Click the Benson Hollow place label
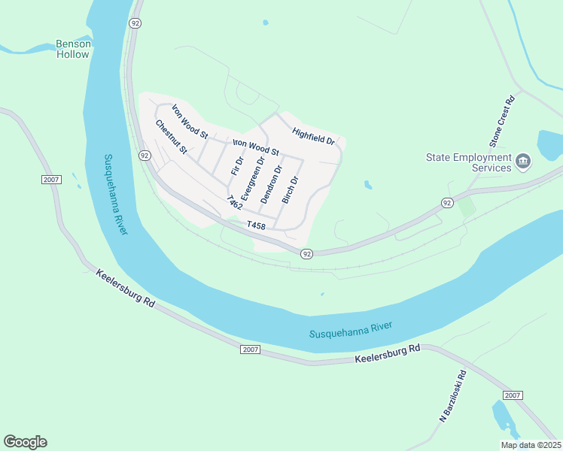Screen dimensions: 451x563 74,49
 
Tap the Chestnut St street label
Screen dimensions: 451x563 171,138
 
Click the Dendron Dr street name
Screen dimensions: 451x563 272,184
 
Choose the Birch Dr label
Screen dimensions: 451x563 291,189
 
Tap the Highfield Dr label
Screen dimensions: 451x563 314,135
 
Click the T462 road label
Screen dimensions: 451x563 234,204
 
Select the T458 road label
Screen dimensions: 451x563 256,225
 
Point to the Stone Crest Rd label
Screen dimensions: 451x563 501,120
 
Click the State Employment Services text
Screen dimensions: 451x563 468,162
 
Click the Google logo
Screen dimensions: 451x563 25,442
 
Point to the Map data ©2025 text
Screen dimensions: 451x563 530,445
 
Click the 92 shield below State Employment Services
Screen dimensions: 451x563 447,203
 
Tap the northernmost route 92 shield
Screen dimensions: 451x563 135,23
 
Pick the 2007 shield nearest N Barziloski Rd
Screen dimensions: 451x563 513,395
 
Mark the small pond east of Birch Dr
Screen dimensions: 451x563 367,184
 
